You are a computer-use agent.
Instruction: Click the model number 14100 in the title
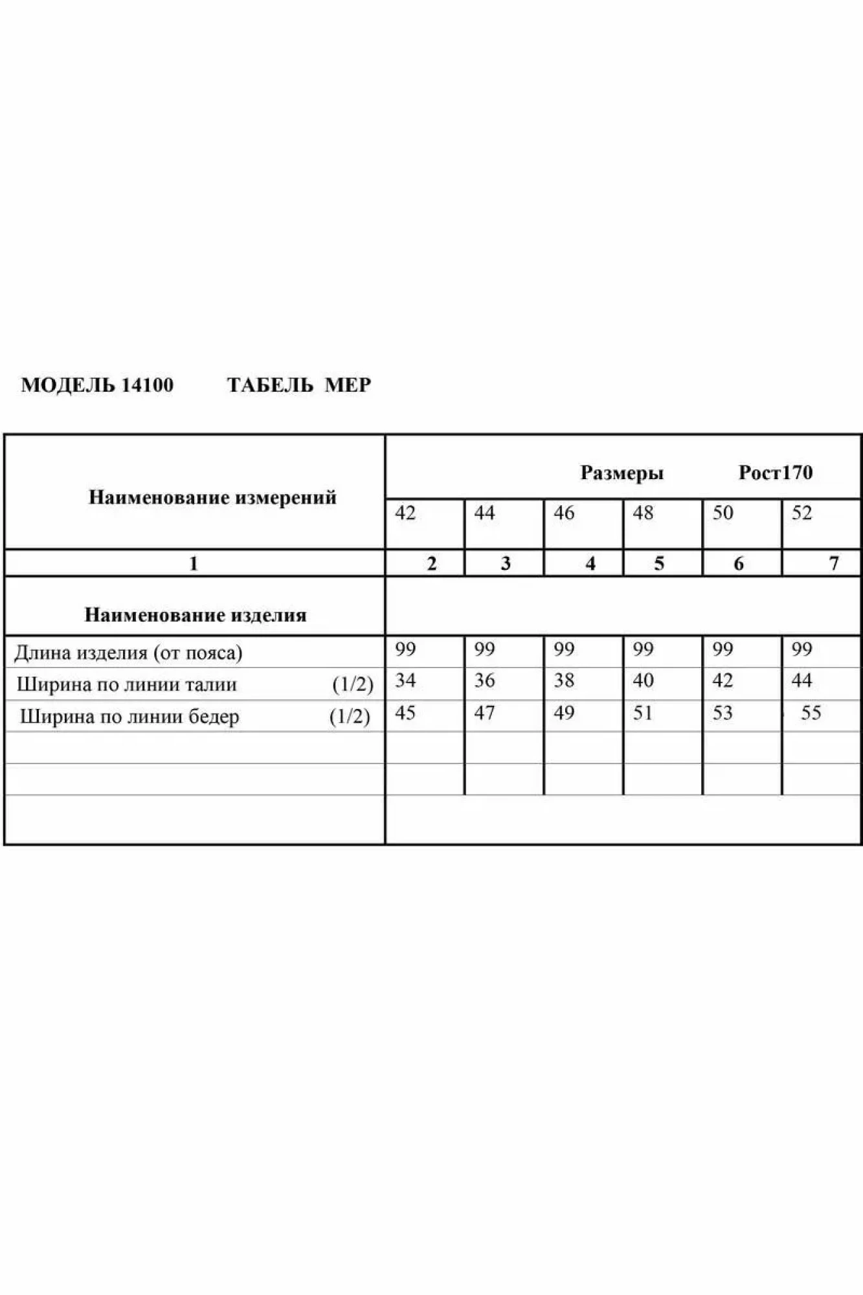(x=147, y=385)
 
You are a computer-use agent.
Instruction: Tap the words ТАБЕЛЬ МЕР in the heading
(x=298, y=385)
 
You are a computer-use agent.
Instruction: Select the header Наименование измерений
(x=212, y=497)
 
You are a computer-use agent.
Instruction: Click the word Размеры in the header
(x=622, y=473)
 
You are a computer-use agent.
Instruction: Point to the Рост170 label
(x=775, y=473)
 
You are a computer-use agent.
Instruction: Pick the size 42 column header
(x=405, y=513)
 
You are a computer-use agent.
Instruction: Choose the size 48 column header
(x=643, y=513)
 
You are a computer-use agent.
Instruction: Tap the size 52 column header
(x=801, y=513)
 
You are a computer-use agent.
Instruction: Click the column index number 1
(x=193, y=563)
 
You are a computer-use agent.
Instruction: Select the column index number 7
(x=834, y=563)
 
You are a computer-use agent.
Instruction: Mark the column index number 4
(x=590, y=563)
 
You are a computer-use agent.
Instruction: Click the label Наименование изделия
(x=195, y=614)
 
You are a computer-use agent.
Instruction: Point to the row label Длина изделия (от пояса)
(x=128, y=653)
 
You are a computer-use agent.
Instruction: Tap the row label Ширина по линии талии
(x=126, y=684)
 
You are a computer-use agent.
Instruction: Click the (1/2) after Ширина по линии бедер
(x=350, y=717)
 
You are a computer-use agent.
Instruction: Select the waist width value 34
(x=405, y=681)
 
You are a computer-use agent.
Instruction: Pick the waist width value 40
(x=643, y=681)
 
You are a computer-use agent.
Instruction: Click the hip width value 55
(x=811, y=713)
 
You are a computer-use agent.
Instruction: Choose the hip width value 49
(x=564, y=713)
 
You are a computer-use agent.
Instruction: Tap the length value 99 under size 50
(x=723, y=649)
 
